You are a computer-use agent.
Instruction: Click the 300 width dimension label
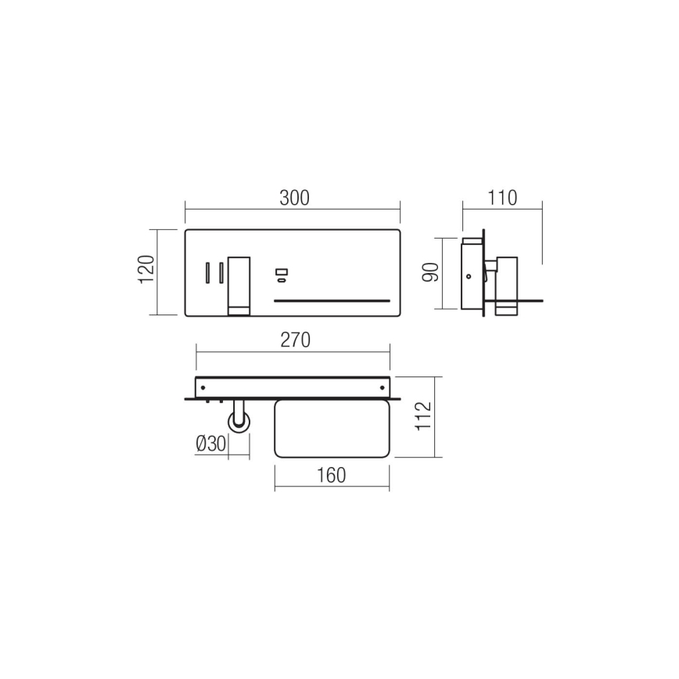pos(294,199)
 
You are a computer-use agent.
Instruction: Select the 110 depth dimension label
pos(501,199)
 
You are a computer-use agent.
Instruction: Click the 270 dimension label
pos(295,340)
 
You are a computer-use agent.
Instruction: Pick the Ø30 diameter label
pos(211,444)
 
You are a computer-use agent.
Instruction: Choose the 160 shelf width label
pos(332,476)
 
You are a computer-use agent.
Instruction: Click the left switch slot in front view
pos(208,272)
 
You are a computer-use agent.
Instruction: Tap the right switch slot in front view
pos(221,272)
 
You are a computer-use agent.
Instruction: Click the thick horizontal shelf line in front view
pos(331,300)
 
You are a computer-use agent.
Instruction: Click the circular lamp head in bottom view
pos(239,422)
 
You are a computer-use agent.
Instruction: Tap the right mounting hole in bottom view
pos(383,386)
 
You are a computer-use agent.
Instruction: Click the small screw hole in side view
pos(468,275)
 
